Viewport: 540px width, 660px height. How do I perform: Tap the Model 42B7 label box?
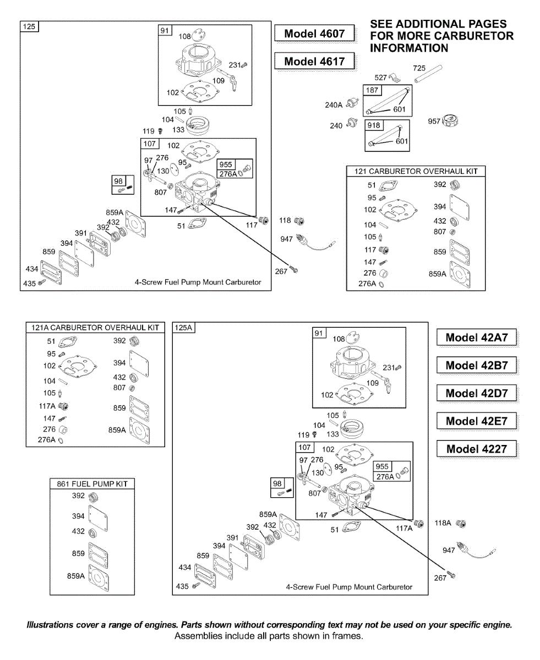pos(477,365)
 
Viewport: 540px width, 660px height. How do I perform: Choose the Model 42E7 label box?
pos(477,421)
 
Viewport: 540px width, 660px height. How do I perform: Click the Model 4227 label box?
pos(477,449)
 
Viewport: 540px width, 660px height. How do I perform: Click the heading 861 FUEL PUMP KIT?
pos(92,484)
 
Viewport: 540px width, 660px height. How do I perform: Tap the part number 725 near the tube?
pos(419,68)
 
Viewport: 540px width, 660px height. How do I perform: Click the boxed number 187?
pos(373,90)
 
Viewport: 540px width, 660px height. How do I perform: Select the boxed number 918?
pos(374,125)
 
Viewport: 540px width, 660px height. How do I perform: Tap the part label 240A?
pos(334,105)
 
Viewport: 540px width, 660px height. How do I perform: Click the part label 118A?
pos(444,523)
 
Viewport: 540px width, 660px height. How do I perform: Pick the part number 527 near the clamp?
pos(380,78)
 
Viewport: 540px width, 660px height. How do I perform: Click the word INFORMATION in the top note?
pos(409,48)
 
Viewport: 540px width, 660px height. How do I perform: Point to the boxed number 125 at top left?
pos(28,26)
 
